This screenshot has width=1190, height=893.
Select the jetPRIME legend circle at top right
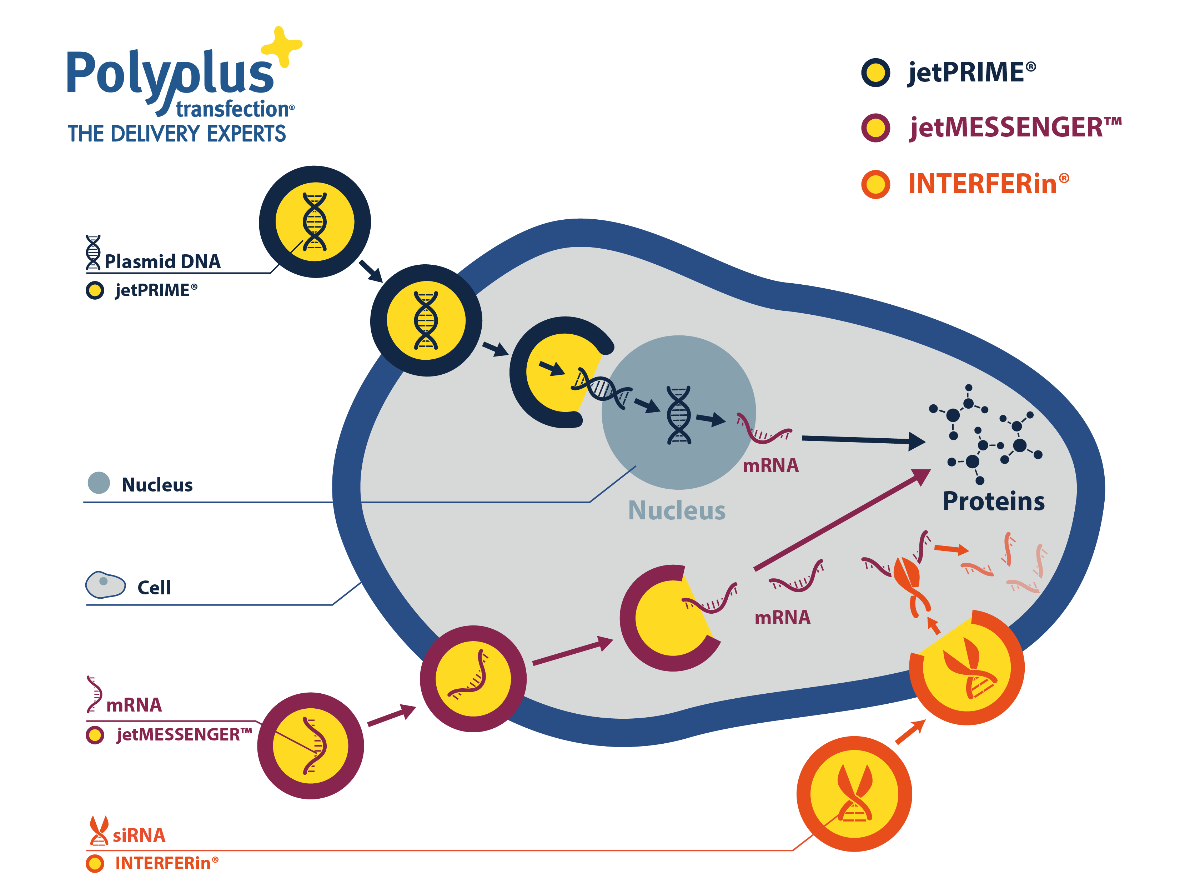point(875,73)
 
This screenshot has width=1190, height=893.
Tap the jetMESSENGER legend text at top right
point(1015,128)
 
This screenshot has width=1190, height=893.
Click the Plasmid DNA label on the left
point(162,261)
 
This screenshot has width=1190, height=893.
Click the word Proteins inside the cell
point(993,501)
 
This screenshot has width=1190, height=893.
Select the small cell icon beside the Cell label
point(105,585)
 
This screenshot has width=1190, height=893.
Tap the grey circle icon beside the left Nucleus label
point(99,483)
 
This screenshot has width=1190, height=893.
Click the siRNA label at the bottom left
point(139,835)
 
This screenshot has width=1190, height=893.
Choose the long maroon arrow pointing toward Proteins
point(842,519)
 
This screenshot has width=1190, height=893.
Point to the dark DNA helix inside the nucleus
point(678,415)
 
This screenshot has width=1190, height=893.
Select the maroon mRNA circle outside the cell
point(310,745)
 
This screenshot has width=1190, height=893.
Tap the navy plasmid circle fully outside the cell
point(315,222)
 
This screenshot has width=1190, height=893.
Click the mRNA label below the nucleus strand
point(770,465)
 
